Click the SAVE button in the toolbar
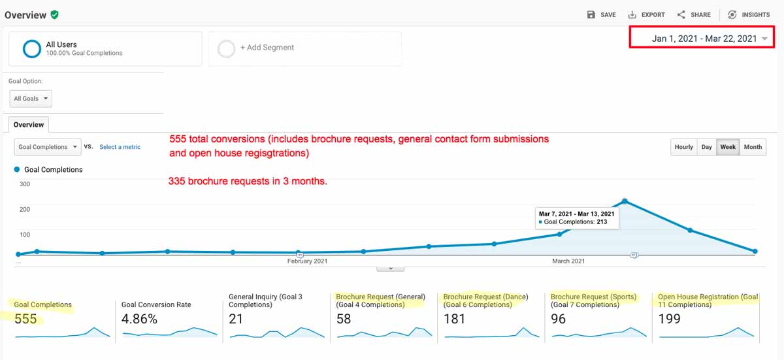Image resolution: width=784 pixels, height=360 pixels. [x=601, y=14]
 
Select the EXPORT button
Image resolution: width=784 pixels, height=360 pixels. [x=646, y=14]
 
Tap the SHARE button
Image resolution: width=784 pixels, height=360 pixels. [x=694, y=14]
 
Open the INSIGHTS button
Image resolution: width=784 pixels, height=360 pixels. [x=749, y=14]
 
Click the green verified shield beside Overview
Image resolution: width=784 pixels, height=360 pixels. [x=55, y=14]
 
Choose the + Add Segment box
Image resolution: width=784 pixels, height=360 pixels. [x=305, y=48]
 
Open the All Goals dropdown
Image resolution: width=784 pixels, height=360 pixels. [x=31, y=99]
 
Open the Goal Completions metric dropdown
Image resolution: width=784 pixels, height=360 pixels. [x=48, y=147]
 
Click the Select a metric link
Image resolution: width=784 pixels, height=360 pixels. [x=120, y=147]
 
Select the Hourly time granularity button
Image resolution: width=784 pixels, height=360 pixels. [x=683, y=147]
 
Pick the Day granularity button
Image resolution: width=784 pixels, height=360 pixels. [x=706, y=147]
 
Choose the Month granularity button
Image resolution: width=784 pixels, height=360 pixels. [x=753, y=147]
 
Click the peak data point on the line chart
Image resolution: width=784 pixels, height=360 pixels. [x=625, y=201]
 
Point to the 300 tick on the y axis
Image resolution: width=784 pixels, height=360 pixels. [x=25, y=184]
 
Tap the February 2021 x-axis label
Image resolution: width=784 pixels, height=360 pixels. [x=307, y=261]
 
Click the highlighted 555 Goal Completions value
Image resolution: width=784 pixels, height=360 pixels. [x=25, y=319]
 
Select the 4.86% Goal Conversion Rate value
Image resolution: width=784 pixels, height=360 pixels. [x=139, y=319]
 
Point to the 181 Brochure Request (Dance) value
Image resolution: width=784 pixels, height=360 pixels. [x=454, y=319]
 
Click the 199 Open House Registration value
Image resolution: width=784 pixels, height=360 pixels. [x=669, y=319]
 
